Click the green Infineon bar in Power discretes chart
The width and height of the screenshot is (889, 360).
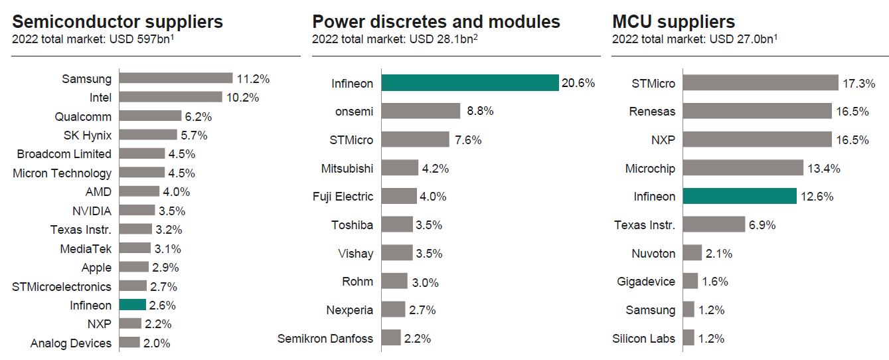469,83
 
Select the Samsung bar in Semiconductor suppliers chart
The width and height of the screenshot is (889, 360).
176,78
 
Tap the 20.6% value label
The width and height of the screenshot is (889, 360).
578,84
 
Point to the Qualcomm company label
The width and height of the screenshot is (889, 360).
83,116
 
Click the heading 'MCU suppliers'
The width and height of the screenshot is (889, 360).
673,21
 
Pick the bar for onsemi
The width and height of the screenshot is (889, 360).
421,111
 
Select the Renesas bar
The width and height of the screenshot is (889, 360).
757,111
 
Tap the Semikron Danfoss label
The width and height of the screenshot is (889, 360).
325,338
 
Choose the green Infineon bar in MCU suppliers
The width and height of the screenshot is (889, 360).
740,196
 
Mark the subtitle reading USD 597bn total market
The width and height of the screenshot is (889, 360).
93,39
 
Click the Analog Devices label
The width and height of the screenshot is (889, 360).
71,343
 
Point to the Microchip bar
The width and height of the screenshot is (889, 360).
743,168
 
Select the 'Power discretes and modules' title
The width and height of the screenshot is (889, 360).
436,21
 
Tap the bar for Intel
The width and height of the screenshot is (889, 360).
171,98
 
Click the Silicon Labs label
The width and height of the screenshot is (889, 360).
643,338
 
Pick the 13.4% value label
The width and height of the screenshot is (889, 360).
824,169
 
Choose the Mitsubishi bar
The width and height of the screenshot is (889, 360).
400,168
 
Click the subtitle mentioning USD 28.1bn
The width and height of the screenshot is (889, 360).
396,39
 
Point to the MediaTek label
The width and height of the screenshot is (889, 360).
86,248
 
